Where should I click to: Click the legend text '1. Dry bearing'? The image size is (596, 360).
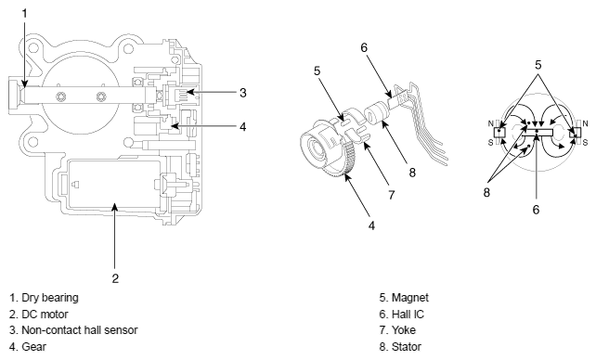tap(44, 298)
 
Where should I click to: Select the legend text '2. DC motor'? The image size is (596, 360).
tap(39, 315)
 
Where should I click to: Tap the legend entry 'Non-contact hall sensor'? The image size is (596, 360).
tap(80, 330)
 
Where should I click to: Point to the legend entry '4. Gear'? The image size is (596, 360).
tap(28, 347)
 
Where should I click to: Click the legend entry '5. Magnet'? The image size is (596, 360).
tap(404, 298)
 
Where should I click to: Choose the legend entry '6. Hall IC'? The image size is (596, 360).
tap(401, 315)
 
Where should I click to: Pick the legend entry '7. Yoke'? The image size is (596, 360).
tap(397, 330)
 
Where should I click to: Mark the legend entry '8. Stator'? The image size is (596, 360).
tap(400, 347)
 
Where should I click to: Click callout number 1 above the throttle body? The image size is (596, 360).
tap(25, 14)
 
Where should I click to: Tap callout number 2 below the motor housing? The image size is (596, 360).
tap(115, 278)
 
